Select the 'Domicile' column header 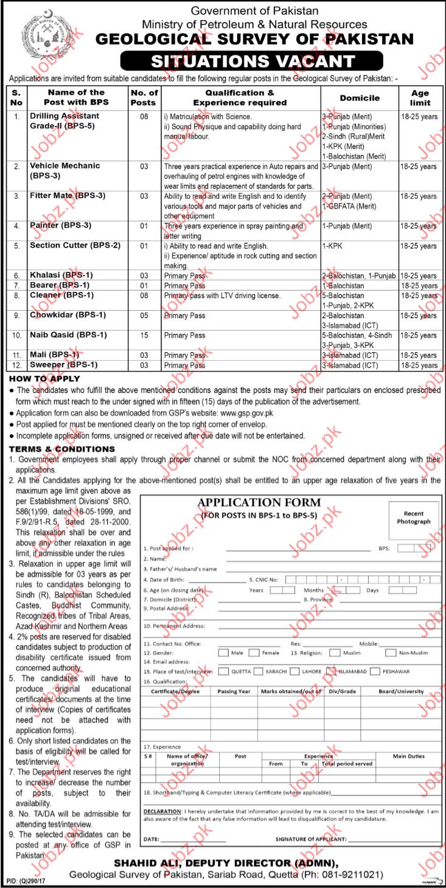[360, 97]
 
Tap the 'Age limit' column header [420, 98]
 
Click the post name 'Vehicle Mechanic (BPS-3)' [65, 171]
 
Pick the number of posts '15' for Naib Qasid [144, 335]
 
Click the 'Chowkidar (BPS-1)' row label [68, 315]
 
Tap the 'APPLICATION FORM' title [259, 503]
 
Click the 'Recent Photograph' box [413, 518]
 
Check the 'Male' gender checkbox [223, 653]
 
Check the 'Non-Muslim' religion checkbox [390, 653]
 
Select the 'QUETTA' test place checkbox [223, 671]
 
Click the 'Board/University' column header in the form [402, 692]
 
